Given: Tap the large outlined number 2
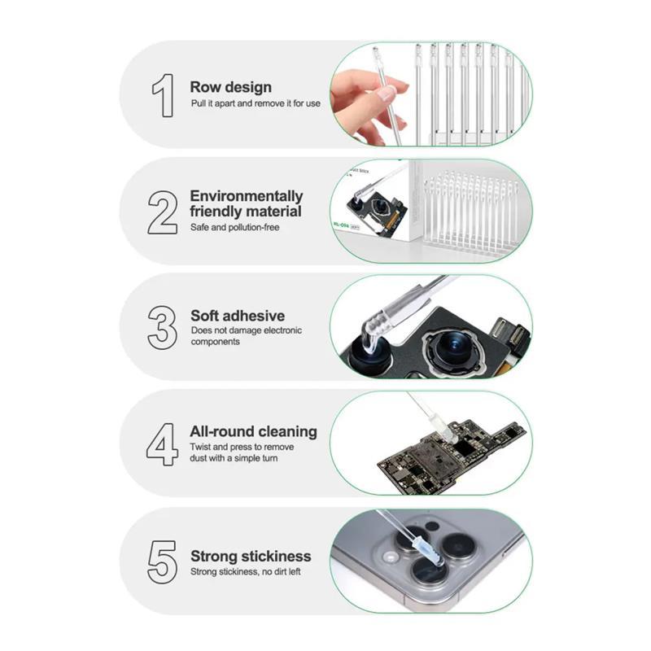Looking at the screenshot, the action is pos(162,212).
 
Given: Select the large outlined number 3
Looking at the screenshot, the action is pos(162,328).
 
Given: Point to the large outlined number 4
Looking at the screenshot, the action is pos(162,444).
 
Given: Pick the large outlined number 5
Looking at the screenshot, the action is pos(162,561).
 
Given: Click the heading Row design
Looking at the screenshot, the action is pos(231,87).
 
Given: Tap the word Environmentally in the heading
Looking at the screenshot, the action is pos(247,195).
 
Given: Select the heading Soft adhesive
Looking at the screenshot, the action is pos(238,316).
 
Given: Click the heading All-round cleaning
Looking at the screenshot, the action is pos(253,432).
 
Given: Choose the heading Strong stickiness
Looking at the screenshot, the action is pos(251,556).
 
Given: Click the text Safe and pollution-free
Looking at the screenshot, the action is pos(235,228).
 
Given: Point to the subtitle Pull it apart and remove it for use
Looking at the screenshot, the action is pos(256,103).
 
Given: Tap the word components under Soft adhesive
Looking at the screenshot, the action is pos(216,342).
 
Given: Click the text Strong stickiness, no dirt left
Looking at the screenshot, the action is pos(246,572).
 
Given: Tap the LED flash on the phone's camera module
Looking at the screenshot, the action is pos(391,557).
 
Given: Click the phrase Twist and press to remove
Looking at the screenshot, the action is pos(242,447).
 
